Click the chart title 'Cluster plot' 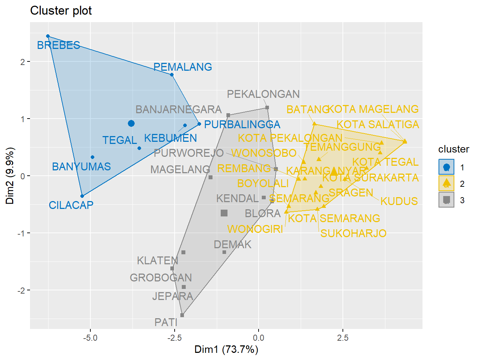(x=61, y=11)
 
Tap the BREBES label (x=59, y=45)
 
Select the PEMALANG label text (x=182, y=67)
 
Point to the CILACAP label (x=71, y=205)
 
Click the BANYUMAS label (x=81, y=166)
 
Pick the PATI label (x=166, y=322)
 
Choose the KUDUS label (x=399, y=201)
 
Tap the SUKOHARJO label (x=353, y=233)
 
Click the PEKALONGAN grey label (x=263, y=94)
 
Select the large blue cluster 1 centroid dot (x=131, y=124)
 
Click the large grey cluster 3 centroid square (x=224, y=213)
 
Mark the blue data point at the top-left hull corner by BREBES (x=48, y=36)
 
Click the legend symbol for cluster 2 (x=446, y=183)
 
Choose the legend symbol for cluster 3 (x=446, y=200)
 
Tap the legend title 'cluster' (x=454, y=149)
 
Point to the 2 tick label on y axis (x=23, y=62)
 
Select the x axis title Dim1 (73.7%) (x=226, y=349)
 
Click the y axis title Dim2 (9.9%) (x=10, y=176)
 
